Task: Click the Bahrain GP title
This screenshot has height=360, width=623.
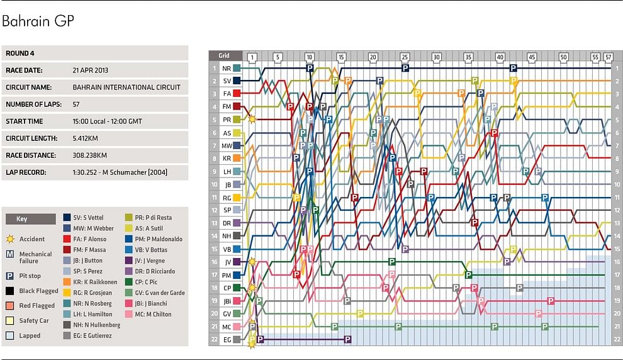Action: click(38, 21)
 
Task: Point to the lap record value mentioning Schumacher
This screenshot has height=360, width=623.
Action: click(120, 172)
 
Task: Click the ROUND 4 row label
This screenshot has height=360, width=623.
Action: click(20, 53)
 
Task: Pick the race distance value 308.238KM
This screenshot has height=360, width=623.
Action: click(90, 155)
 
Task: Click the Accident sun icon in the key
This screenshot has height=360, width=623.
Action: click(9, 239)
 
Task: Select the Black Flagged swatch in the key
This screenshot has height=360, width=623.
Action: click(10, 291)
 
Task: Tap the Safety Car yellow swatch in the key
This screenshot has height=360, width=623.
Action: click(10, 321)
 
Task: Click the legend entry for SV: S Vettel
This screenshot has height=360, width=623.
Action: click(84, 218)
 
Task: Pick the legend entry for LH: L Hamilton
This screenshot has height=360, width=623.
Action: click(87, 314)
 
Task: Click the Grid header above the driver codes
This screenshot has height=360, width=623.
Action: click(224, 55)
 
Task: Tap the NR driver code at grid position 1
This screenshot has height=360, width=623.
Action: click(226, 68)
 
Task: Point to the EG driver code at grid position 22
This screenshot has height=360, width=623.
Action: click(226, 340)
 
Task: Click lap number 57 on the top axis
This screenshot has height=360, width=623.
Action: click(608, 57)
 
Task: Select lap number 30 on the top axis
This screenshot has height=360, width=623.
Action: click(436, 57)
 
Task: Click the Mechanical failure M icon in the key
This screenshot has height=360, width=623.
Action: click(9, 254)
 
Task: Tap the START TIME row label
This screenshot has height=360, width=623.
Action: click(25, 121)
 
